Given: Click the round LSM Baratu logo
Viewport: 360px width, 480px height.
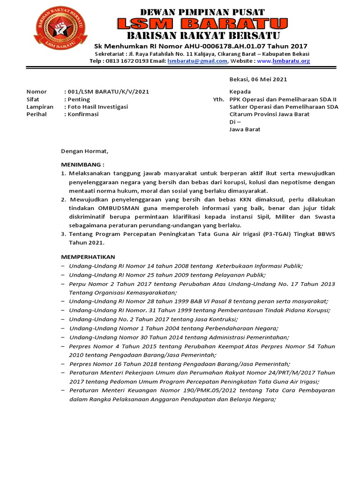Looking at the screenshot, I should (60, 28).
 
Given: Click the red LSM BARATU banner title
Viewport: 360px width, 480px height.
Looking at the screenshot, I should (202, 23).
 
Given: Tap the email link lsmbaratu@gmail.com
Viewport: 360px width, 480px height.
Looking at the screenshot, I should (197, 61).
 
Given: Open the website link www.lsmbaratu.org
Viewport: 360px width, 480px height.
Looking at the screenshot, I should (283, 61).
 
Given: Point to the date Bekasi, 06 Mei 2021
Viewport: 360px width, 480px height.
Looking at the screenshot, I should (258, 80).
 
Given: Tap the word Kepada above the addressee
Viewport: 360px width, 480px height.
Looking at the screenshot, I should (240, 92).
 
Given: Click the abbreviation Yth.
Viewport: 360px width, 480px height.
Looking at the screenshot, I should (219, 99).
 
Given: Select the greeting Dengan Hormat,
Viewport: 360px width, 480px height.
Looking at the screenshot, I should (84, 151).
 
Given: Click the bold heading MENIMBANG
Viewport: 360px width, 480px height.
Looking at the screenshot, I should (82, 165).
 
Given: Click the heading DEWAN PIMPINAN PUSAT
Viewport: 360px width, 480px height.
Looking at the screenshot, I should (202, 12).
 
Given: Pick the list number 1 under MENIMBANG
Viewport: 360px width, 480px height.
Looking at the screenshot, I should (64, 173).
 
